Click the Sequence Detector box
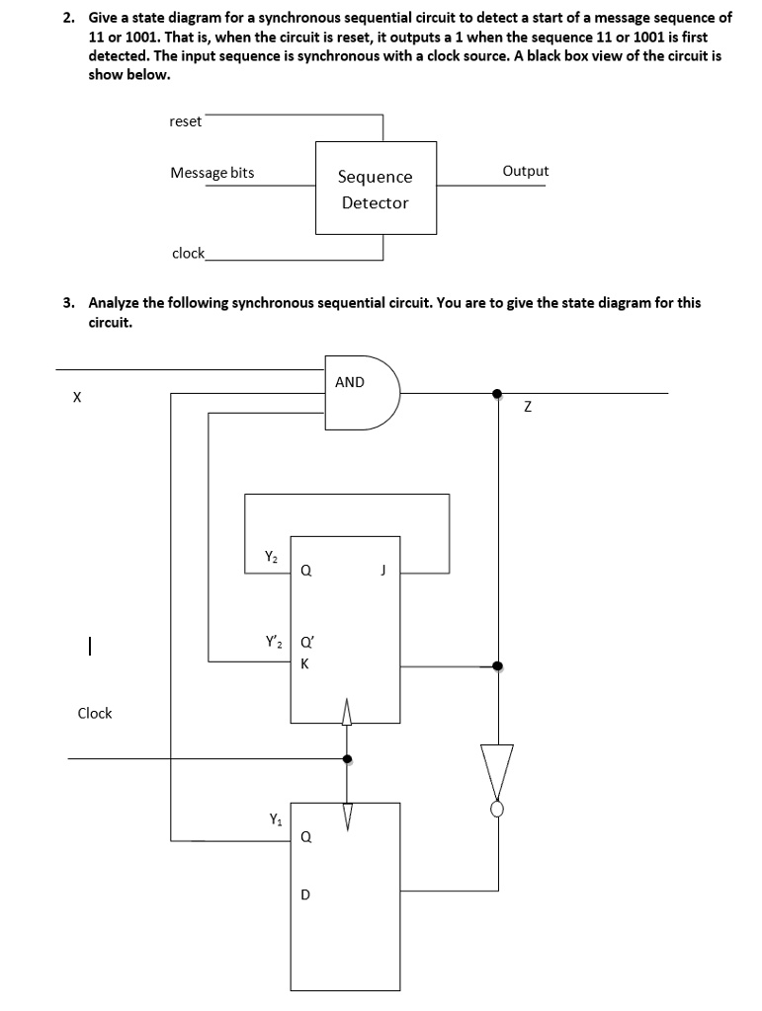tap(376, 188)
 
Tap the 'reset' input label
tap(185, 121)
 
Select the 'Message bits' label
tap(212, 173)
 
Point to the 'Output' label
tap(525, 171)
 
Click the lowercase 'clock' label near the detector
tap(188, 253)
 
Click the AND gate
tap(361, 392)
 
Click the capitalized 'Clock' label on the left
tap(95, 713)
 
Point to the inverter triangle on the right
tap(499, 775)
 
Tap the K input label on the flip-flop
tap(304, 663)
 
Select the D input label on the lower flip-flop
tap(304, 895)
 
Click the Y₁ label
tap(275, 817)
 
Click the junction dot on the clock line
tap(346, 759)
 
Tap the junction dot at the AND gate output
tap(498, 393)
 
